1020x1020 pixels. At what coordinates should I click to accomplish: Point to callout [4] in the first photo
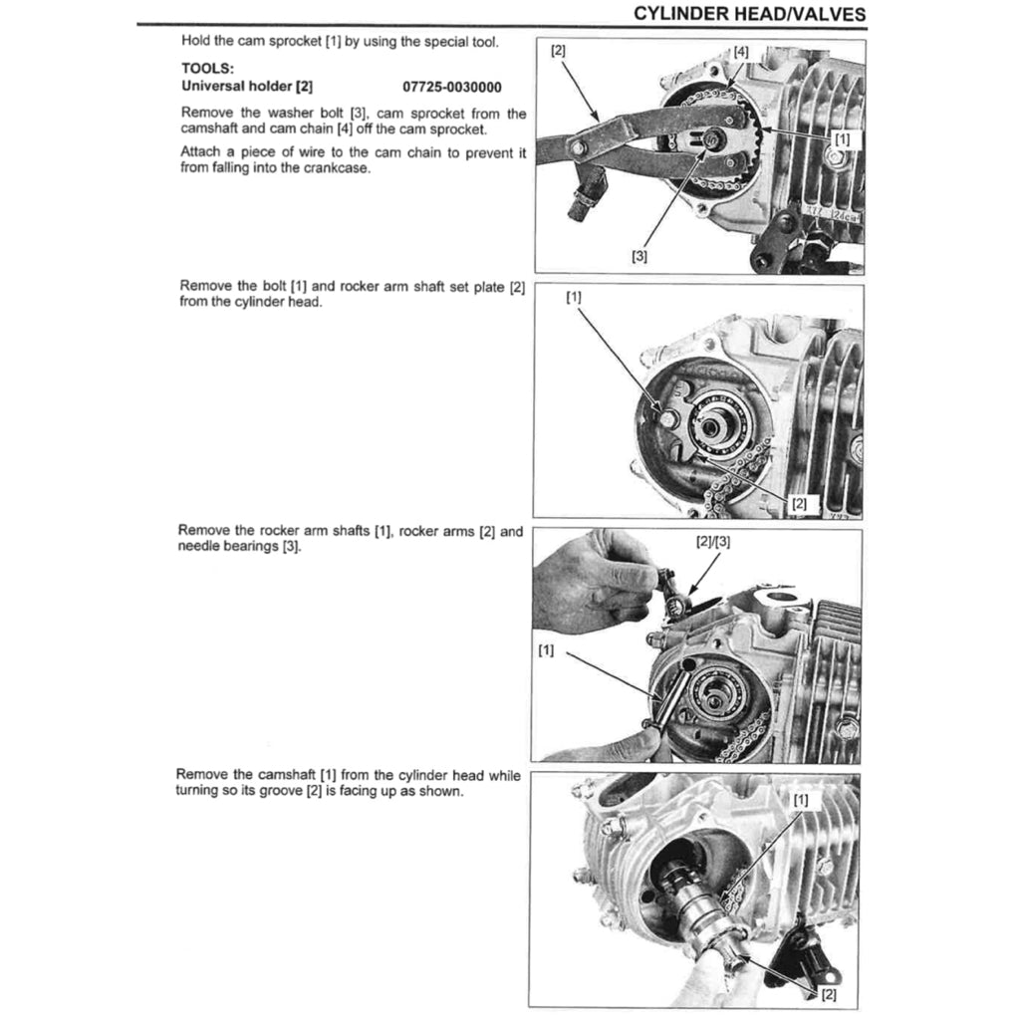tap(741, 51)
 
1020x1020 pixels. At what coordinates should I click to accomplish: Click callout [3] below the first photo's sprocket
tap(639, 255)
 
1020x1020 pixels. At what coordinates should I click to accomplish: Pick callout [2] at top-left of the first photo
tap(558, 49)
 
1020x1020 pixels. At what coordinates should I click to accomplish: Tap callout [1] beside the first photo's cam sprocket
tap(841, 138)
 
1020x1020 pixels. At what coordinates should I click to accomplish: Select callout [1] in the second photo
tap(574, 297)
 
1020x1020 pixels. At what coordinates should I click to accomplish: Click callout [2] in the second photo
tap(798, 503)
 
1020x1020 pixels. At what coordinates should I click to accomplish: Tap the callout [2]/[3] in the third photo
tap(713, 542)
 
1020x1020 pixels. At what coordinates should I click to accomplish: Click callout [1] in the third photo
tap(546, 650)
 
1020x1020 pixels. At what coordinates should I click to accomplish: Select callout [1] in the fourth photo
tap(802, 799)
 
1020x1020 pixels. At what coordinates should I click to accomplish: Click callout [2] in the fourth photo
tap(829, 994)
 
